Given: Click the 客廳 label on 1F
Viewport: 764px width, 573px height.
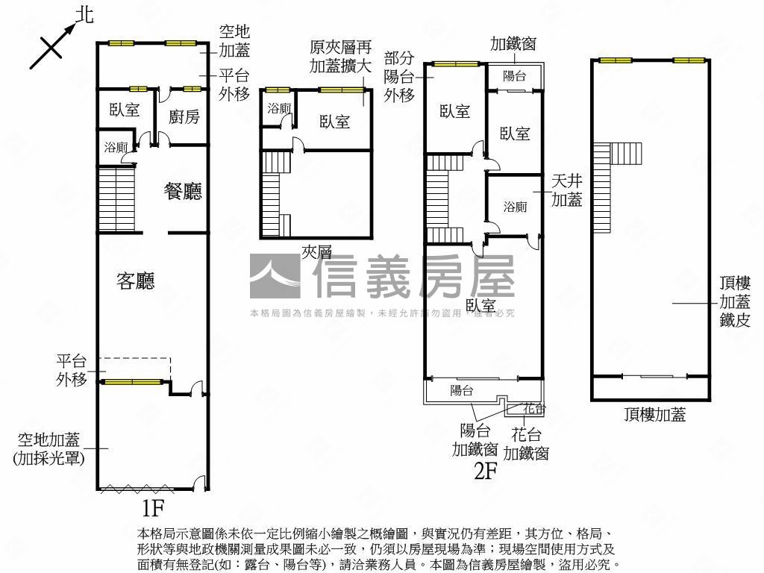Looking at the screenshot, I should pos(136,281).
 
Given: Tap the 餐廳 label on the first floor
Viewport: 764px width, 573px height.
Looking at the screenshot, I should pos(183,192).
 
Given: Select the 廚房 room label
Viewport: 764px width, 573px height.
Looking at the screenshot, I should pos(184,116).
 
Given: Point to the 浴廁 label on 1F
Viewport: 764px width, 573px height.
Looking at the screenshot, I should pos(115,147).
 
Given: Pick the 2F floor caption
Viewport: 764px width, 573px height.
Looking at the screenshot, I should pos(485,471).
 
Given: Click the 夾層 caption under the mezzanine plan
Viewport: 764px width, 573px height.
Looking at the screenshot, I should pos(316,251).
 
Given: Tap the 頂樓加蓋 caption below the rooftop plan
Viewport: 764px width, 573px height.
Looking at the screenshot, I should pos(655,416).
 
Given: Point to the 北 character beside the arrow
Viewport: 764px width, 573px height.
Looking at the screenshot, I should pos(86,15).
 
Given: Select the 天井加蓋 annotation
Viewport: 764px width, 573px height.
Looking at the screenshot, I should pos(566,190).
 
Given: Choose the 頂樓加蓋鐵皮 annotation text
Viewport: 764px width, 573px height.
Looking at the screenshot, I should pos(734,302).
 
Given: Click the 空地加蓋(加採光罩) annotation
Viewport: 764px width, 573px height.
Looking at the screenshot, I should pos(49,448).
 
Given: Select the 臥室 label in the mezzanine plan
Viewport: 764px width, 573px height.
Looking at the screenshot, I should pos(334,122).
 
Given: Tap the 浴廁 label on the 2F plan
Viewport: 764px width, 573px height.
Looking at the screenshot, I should pos(515,206).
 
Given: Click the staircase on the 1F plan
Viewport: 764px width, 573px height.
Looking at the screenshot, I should pos(116,199).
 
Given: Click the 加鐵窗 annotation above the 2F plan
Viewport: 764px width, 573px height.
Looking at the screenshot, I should pos(513,44).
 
